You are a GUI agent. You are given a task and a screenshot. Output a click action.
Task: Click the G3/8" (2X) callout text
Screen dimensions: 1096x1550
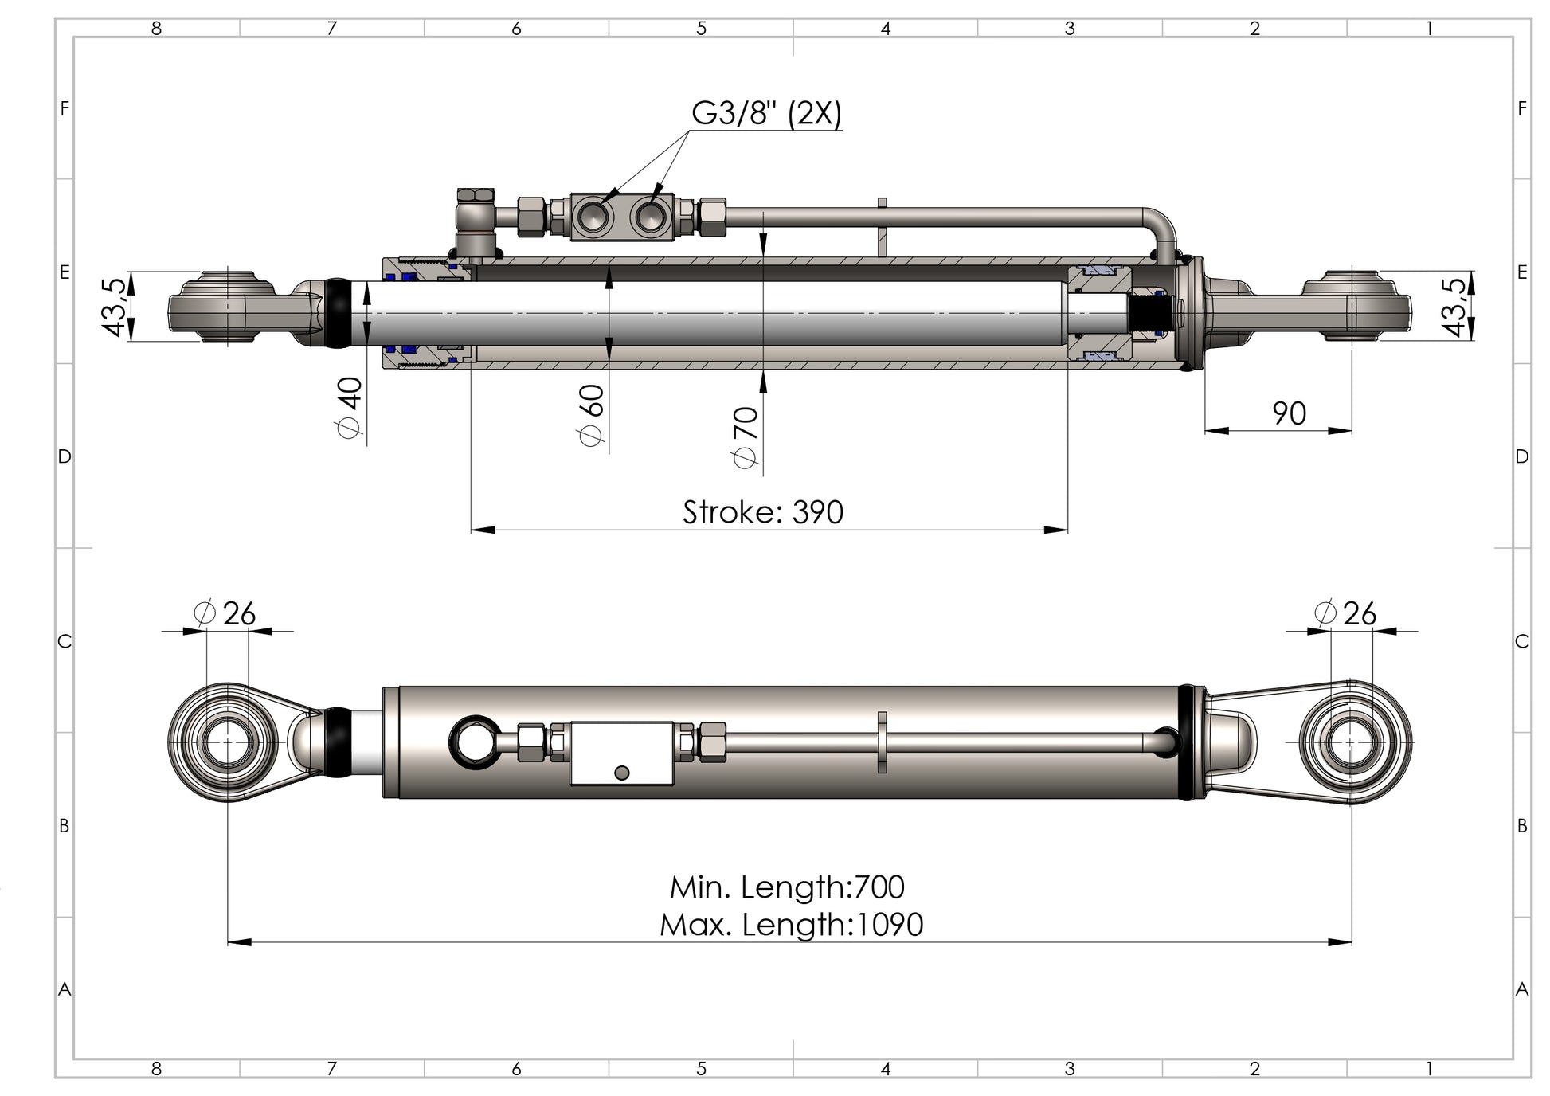tap(765, 114)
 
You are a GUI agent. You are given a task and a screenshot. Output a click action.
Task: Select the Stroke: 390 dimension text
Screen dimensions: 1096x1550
tap(762, 512)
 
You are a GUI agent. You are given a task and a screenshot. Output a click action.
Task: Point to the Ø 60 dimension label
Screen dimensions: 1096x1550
tap(592, 415)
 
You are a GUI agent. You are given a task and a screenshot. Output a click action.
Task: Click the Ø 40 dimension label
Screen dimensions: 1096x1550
tap(350, 407)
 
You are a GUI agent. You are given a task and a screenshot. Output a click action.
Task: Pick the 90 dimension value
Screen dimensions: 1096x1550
tap(1289, 413)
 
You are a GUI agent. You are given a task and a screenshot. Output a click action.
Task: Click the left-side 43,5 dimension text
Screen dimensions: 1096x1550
tap(115, 307)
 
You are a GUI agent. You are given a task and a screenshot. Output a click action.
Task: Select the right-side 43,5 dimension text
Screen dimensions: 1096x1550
tap(1454, 307)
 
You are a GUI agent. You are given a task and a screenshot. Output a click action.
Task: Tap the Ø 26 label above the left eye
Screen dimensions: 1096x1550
tap(225, 613)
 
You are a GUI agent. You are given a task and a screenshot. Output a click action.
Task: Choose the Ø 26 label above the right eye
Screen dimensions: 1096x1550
tap(1345, 613)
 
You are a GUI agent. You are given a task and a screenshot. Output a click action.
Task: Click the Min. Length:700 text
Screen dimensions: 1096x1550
tap(787, 887)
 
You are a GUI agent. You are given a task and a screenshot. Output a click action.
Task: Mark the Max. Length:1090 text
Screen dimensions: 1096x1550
tap(791, 925)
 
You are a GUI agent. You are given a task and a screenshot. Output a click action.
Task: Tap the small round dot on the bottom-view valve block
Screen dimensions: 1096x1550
tap(623, 773)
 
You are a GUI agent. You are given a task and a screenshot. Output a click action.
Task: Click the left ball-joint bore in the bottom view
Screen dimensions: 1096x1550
tap(228, 742)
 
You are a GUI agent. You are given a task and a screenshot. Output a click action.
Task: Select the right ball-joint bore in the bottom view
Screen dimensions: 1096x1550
tap(1352, 742)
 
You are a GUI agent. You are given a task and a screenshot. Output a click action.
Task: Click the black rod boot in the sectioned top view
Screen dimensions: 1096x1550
tap(338, 312)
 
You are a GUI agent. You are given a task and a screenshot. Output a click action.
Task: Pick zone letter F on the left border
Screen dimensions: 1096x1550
tap(65, 108)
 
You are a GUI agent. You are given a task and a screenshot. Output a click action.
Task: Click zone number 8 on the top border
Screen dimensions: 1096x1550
tap(156, 29)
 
